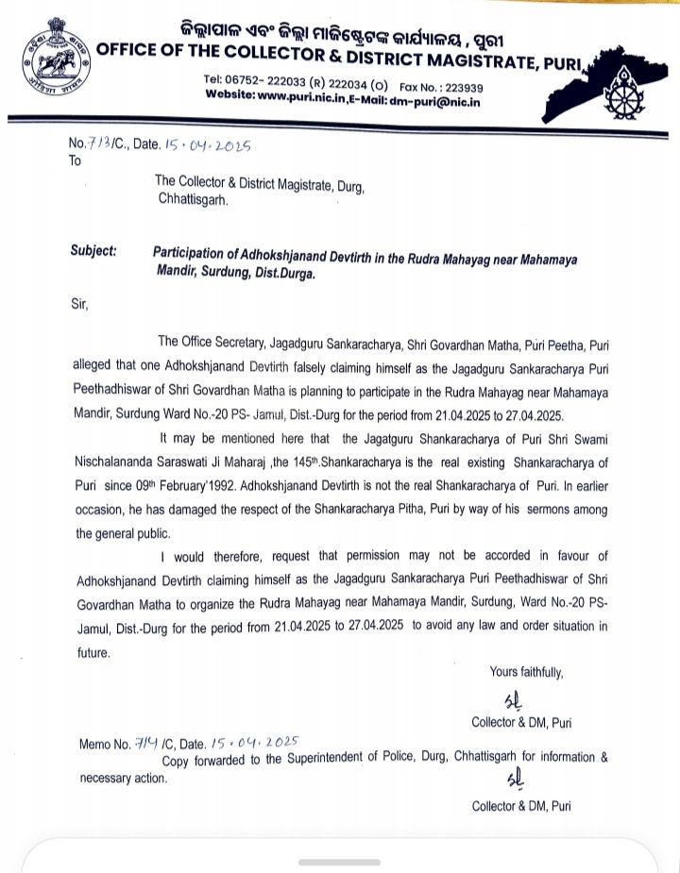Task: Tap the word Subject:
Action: click(x=93, y=251)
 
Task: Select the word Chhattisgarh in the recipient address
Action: click(x=193, y=199)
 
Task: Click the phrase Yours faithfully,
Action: click(x=526, y=672)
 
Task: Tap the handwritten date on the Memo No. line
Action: click(x=256, y=744)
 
